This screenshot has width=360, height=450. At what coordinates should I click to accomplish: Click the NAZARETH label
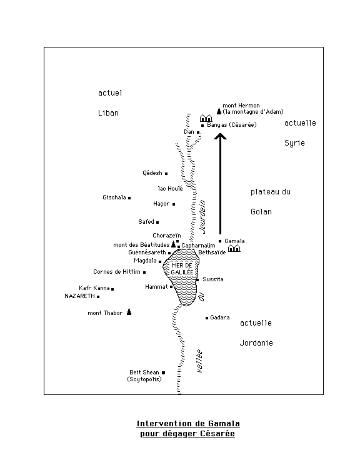[x=79, y=296]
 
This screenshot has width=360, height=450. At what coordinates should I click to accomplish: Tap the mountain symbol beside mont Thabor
[x=129, y=312]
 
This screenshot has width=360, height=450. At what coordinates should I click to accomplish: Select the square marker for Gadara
[x=207, y=318]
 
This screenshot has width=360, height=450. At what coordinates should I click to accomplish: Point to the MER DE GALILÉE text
[x=182, y=269]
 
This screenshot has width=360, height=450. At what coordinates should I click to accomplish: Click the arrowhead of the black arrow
[x=221, y=136]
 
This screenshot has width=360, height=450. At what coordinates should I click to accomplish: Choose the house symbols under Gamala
[x=234, y=248]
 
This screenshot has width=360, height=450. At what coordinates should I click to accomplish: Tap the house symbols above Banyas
[x=206, y=118]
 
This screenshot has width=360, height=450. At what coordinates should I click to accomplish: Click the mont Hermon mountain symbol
[x=219, y=111]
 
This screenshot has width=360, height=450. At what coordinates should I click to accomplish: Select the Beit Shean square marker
[x=163, y=372]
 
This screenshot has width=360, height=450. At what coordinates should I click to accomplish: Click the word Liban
[x=108, y=113]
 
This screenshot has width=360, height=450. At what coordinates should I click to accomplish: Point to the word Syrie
[x=294, y=143]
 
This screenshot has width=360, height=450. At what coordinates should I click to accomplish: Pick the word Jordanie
[x=256, y=343]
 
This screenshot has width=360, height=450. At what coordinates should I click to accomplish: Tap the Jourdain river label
[x=202, y=216]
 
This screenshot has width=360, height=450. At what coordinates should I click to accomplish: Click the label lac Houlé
[x=170, y=189]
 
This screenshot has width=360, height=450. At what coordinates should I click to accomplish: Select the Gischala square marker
[x=129, y=198]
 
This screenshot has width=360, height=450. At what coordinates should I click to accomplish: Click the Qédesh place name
[x=152, y=173]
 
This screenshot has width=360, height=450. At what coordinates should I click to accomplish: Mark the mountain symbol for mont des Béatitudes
[x=173, y=244]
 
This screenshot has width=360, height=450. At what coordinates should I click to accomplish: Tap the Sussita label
[x=213, y=279]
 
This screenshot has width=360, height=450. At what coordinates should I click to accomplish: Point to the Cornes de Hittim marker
[x=144, y=272]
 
